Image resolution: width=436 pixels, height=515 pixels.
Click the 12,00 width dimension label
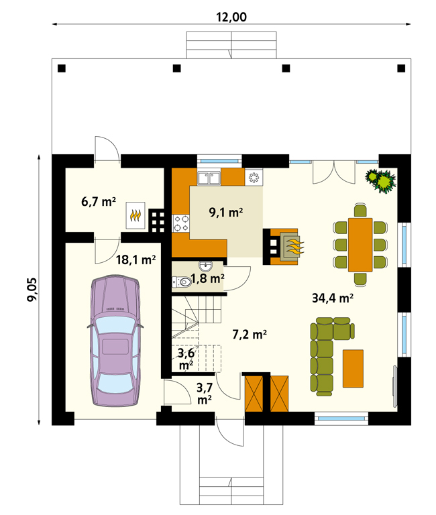click(x=231, y=17)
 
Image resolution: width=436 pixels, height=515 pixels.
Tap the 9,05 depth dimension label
click(x=32, y=290)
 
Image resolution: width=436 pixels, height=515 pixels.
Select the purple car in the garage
click(x=115, y=341)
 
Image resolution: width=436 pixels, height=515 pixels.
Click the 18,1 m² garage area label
click(x=135, y=260)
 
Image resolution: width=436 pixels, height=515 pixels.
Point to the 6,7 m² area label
click(x=99, y=201)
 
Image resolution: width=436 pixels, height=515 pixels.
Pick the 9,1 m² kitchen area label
click(x=226, y=212)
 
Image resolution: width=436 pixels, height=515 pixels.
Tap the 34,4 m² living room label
click(x=333, y=298)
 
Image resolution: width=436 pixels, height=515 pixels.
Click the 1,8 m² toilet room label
click(x=208, y=278)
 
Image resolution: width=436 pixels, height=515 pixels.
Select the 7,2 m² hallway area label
click(x=250, y=335)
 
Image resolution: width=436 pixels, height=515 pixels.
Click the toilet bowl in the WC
click(x=182, y=282)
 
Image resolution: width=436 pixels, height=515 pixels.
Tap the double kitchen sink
click(x=209, y=178)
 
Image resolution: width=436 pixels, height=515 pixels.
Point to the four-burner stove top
click(x=181, y=223)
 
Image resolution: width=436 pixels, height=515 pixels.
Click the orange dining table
click(x=360, y=245)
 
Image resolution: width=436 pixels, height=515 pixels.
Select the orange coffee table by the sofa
click(x=353, y=369)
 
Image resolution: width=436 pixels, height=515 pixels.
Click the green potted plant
click(x=381, y=180)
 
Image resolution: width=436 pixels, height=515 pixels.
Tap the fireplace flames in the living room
click(x=295, y=247)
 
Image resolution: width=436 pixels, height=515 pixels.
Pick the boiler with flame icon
click(x=135, y=215)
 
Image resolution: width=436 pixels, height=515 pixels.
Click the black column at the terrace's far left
click(x=62, y=68)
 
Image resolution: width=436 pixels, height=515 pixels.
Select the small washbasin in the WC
click(x=206, y=266)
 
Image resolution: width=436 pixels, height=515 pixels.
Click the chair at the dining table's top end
click(x=360, y=210)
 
